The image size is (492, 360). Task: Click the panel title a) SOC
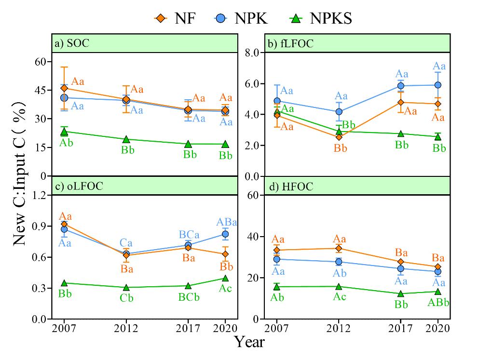click(x=72, y=43)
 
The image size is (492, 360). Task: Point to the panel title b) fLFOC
click(x=290, y=43)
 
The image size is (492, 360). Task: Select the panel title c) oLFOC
click(x=79, y=187)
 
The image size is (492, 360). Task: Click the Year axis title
click(x=249, y=342)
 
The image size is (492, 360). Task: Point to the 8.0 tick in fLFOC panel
click(x=252, y=53)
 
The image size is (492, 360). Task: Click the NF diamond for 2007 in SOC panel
click(x=64, y=88)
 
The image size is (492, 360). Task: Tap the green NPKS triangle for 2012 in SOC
click(x=126, y=139)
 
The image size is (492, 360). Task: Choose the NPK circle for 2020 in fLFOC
click(x=438, y=85)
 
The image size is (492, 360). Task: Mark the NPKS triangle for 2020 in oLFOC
click(x=225, y=278)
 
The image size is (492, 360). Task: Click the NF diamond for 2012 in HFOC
click(x=339, y=249)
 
